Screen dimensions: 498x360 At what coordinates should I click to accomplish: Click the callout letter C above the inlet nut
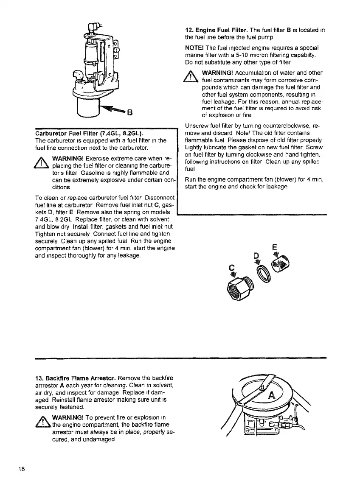[232, 268]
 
